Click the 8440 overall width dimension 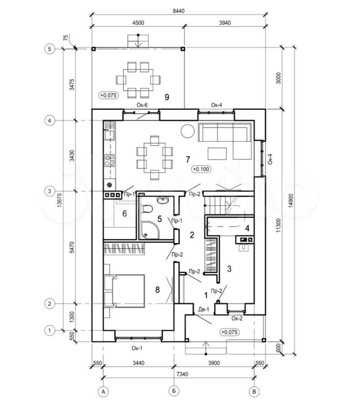coord(179,11)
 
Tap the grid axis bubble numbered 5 coord(50,49)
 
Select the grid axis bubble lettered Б coord(174,391)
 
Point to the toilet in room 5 coord(147,209)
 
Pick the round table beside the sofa coord(187,131)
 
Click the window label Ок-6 coord(142,105)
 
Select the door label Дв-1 coord(204,309)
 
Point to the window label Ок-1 coord(137,348)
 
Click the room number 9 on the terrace coord(167,97)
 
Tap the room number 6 coord(125,213)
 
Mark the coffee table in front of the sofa coord(217,154)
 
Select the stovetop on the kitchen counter coord(110,160)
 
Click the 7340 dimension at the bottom coord(182,374)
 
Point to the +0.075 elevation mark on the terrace coord(108,95)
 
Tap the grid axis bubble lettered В coord(254,392)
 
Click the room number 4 coord(247,228)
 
